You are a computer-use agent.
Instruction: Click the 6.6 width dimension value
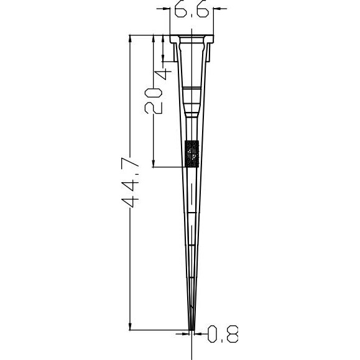(x=192, y=9)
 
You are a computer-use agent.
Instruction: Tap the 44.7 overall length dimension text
(x=130, y=182)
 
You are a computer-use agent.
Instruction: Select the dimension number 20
(x=153, y=101)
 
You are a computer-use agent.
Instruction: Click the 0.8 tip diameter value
(x=223, y=334)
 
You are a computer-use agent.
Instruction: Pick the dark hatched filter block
(x=192, y=154)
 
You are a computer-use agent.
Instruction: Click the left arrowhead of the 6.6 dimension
(x=166, y=9)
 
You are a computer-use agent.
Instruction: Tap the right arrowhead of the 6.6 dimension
(x=217, y=9)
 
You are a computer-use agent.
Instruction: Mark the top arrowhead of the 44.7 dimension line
(x=130, y=39)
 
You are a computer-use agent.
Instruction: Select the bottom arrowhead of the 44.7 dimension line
(x=130, y=326)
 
